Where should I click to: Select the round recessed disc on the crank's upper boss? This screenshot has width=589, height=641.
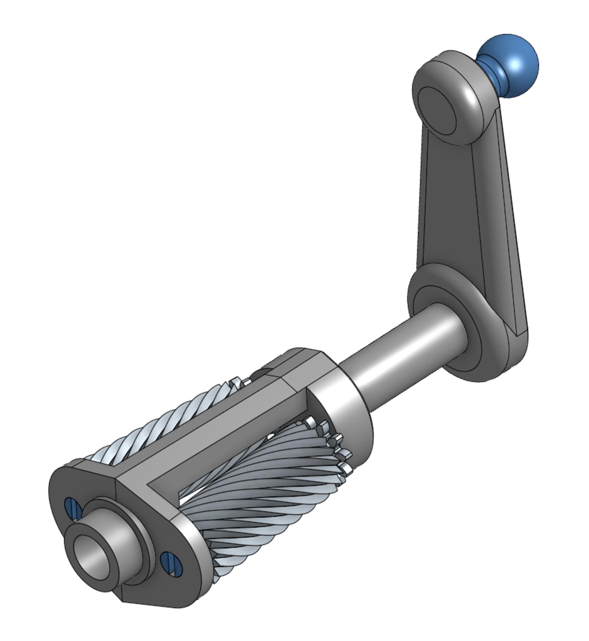[x=437, y=111]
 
